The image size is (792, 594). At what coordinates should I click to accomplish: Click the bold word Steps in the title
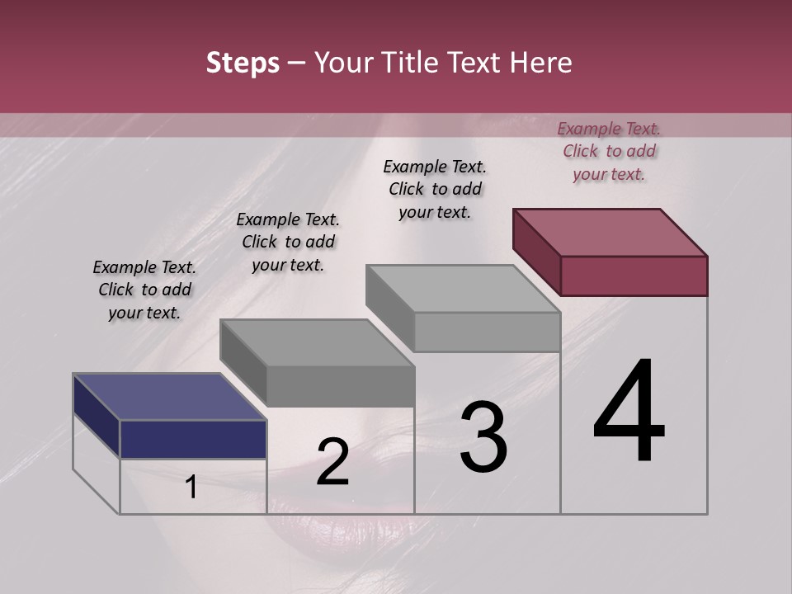pos(243,63)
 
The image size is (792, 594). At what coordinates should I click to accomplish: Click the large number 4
pos(629,412)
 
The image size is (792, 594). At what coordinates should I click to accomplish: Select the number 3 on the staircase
pos(483,437)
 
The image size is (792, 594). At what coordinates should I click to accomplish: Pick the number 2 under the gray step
pos(332,462)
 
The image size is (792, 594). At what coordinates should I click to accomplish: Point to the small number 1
pos(191,488)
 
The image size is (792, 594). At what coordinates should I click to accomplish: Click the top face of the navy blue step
pos(169,397)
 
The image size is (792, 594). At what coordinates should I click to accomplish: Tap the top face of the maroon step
pos(610,232)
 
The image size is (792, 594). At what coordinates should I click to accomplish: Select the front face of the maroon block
pos(634,276)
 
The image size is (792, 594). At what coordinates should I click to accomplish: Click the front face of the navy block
pos(193,439)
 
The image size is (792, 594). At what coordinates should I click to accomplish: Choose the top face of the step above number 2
pos(317,342)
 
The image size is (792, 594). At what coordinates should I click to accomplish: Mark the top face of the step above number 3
pos(464,289)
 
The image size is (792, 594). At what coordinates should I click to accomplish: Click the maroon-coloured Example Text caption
pos(609,151)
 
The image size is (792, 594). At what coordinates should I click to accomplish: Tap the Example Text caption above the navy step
pos(144,290)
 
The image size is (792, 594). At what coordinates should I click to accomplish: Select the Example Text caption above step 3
pos(435,189)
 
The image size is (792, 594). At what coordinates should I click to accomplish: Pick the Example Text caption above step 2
pos(288,242)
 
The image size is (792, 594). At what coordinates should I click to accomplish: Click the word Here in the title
pos(541,63)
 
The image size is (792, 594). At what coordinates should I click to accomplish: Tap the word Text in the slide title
pos(476,63)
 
